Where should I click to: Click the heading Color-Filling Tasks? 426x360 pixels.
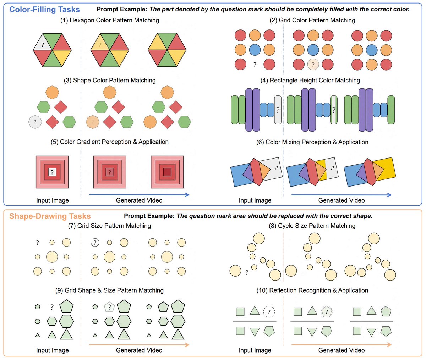(x=44, y=9)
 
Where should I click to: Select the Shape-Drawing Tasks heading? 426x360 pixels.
(x=50, y=216)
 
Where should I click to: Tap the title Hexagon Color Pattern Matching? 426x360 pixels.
(x=110, y=20)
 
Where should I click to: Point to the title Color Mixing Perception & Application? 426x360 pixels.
(x=312, y=142)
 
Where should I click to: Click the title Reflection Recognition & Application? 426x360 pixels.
(x=312, y=290)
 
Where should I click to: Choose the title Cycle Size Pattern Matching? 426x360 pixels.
(x=312, y=226)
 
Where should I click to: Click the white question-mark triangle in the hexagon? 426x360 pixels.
(x=43, y=44)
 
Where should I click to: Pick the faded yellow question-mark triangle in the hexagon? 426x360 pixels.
(x=100, y=44)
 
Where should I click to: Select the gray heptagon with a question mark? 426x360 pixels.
(x=35, y=122)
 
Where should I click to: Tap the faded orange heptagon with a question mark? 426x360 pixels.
(x=92, y=122)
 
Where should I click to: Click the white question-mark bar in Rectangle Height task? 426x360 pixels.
(x=278, y=110)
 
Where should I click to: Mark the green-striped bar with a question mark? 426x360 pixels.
(x=334, y=110)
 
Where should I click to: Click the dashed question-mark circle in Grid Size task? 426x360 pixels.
(x=95, y=243)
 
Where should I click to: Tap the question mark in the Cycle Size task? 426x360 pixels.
(x=247, y=273)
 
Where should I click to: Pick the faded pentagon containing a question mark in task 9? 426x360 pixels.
(x=109, y=307)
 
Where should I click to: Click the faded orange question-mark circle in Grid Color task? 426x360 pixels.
(x=313, y=65)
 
